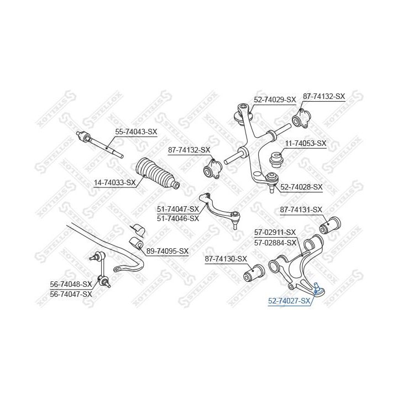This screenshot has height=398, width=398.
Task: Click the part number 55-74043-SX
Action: click(x=137, y=132)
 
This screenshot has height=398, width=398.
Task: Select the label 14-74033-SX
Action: click(x=115, y=182)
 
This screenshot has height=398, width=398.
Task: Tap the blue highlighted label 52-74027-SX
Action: click(x=289, y=301)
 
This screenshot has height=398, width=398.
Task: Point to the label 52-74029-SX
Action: click(x=275, y=99)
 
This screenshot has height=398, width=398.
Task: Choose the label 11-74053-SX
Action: click(x=306, y=143)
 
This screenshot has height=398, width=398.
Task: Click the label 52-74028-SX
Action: click(x=301, y=187)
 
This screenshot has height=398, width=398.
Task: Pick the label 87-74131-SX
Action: click(x=301, y=210)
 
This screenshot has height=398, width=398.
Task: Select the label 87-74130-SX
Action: click(x=226, y=259)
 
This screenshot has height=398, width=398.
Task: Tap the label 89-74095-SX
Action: click(x=167, y=252)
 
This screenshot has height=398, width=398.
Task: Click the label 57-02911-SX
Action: click(x=275, y=232)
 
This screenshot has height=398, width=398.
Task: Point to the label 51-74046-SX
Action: click(x=178, y=218)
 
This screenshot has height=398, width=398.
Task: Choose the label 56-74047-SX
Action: click(x=71, y=294)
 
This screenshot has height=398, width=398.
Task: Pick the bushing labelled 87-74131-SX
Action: click(x=329, y=226)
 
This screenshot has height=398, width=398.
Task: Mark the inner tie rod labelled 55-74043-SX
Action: click(x=99, y=145)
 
